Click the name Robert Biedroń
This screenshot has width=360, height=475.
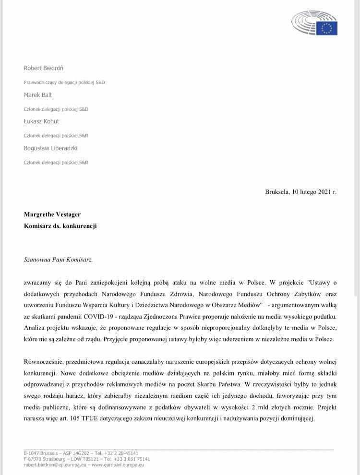coord(43,68)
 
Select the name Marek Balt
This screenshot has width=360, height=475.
coord(38,95)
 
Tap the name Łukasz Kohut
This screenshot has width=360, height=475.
coord(42,121)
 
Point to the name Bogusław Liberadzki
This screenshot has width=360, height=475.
coord(51,148)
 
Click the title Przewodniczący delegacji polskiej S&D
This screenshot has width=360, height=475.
coord(64,83)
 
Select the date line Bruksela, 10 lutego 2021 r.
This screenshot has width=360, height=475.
coord(300,192)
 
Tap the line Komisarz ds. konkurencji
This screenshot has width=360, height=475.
coord(60,226)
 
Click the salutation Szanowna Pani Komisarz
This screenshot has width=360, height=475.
coord(58,260)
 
